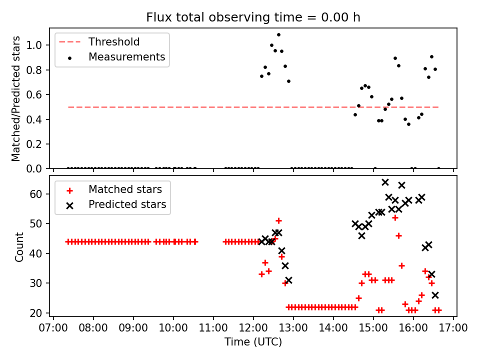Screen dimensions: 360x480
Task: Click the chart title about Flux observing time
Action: pos(253,17)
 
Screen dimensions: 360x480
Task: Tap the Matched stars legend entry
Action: pos(125,189)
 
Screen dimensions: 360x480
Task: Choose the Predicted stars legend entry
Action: pos(127,204)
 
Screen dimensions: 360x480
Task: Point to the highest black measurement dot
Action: pos(278,35)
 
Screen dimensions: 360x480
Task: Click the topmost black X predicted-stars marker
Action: pos(385,182)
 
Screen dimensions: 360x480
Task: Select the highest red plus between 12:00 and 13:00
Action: pos(278,220)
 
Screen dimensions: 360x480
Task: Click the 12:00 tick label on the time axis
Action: pos(253,328)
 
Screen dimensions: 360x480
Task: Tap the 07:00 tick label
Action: pos(53,328)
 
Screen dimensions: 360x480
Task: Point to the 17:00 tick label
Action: pos(453,328)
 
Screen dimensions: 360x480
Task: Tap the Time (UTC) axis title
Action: pos(253,342)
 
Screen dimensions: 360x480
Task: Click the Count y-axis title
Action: pos(19,246)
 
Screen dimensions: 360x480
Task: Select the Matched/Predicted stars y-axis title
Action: pos(16,98)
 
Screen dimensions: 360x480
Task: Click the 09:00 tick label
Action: pos(133,328)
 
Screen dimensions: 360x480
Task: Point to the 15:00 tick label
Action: pos(373,328)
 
